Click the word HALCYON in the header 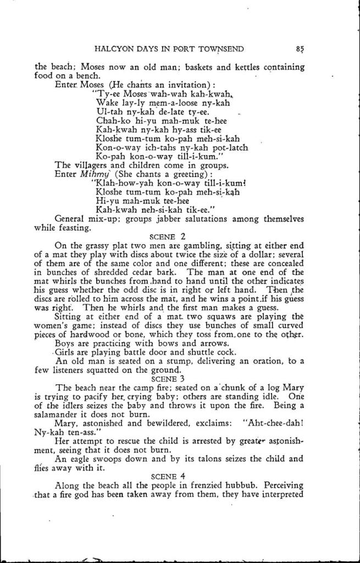tap(114, 48)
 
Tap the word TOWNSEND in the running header tap(223, 48)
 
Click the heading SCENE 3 tap(169, 378)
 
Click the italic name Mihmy tap(93, 174)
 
